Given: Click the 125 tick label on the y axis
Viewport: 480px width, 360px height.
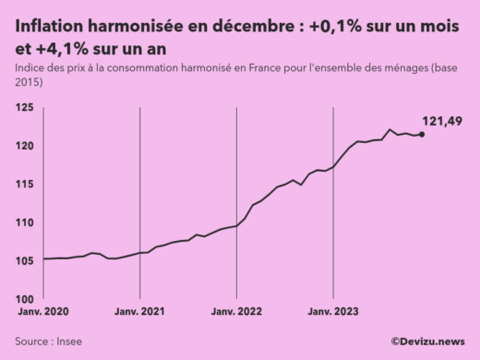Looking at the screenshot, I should click(25, 107).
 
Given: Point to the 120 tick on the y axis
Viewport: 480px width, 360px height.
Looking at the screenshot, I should click(25, 146).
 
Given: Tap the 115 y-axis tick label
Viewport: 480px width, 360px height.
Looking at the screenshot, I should click(25, 184).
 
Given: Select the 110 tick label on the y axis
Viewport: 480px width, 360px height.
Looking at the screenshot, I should click(25, 222).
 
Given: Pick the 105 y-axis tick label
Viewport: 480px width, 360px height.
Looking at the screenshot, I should click(25, 260).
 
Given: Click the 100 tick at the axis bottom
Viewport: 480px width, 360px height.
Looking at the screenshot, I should click(25, 298).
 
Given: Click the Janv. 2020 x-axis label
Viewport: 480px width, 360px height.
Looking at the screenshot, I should click(42, 313).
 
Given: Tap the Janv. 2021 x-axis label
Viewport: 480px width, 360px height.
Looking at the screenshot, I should click(140, 313).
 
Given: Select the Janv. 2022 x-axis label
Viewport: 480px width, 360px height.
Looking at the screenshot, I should click(238, 313).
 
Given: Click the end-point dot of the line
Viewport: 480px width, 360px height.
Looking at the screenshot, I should click(422, 134).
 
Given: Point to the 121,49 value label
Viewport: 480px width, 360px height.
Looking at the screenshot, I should click(441, 121).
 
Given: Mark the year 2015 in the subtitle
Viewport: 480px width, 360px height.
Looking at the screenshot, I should click(29, 83).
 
